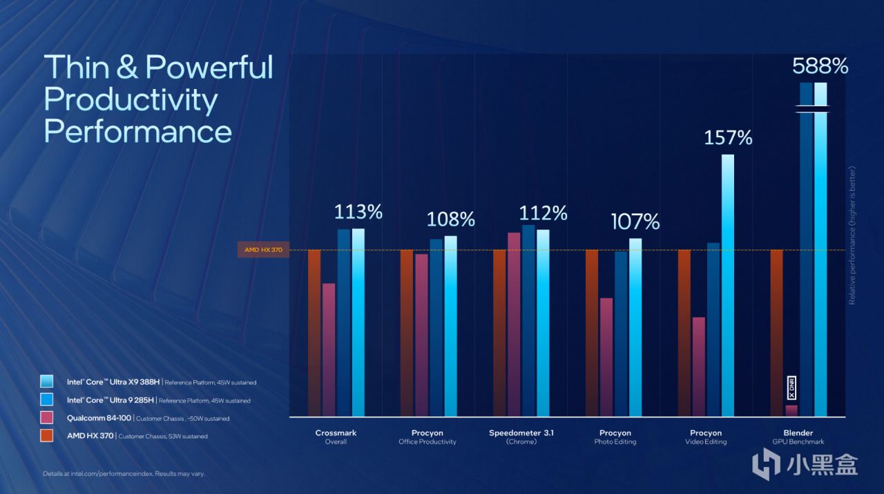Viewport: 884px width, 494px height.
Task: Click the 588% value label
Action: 820,66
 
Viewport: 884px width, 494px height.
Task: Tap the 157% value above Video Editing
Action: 728,138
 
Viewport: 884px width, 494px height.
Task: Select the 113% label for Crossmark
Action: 358,212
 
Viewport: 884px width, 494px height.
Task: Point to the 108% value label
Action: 450,219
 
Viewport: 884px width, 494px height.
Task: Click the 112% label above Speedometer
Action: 543,213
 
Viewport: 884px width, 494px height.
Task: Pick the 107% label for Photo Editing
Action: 635,221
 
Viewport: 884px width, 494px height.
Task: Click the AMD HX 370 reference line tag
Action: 263,250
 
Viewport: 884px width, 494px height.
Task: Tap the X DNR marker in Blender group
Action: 791,387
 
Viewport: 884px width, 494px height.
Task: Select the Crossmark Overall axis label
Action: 336,437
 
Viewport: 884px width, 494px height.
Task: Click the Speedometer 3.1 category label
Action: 521,437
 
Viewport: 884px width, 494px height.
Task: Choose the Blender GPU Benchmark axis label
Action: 798,437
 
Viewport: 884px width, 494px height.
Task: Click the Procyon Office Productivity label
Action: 427,437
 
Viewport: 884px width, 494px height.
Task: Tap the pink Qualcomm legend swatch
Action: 47,417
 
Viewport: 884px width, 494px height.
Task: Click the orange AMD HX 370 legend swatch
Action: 47,435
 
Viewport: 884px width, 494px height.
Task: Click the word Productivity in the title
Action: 131,100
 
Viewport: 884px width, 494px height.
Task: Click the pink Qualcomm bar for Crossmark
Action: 329,350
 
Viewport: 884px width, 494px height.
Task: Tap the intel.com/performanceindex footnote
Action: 124,474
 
